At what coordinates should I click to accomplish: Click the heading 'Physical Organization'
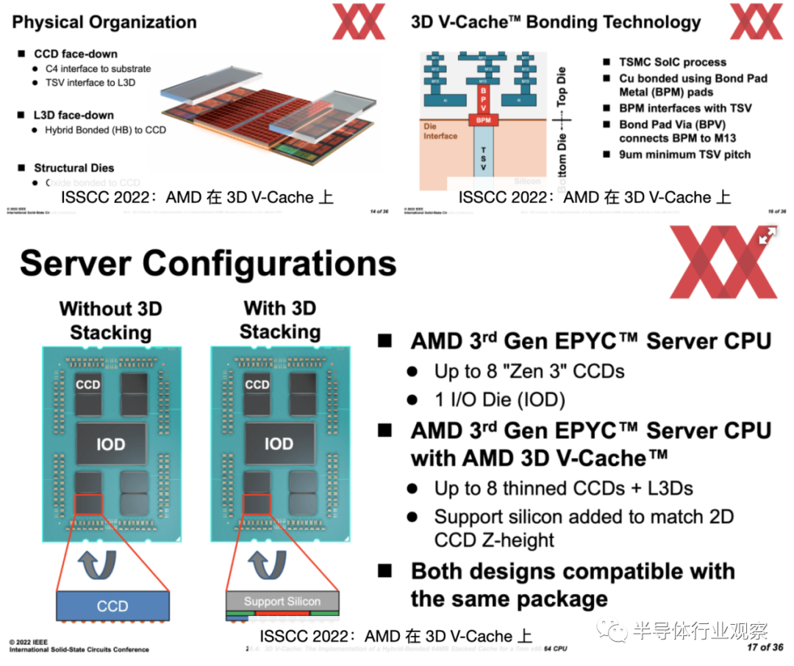pyautogui.click(x=104, y=22)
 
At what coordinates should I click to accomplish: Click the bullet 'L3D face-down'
pyautogui.click(x=74, y=115)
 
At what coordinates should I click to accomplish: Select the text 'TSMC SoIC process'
pyautogui.click(x=672, y=62)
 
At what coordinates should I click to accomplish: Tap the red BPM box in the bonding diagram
pyautogui.click(x=483, y=119)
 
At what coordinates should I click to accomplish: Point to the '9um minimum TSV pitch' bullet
pyautogui.click(x=684, y=154)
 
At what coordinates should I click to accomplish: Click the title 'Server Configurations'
pyautogui.click(x=208, y=263)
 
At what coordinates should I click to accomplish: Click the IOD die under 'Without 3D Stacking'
pyautogui.click(x=111, y=444)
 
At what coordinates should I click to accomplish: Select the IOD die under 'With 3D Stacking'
pyautogui.click(x=279, y=444)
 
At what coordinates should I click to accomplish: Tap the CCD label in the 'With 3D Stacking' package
pyautogui.click(x=257, y=384)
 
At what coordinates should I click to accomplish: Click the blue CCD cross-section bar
pyautogui.click(x=112, y=606)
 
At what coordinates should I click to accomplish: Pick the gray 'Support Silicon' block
pyautogui.click(x=282, y=601)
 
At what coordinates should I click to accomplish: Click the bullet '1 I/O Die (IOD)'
pyautogui.click(x=498, y=400)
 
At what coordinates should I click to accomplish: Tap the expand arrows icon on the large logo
pyautogui.click(x=767, y=236)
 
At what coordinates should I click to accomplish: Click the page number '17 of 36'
pyautogui.click(x=765, y=648)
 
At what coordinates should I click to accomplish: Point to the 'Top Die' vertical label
pyautogui.click(x=562, y=86)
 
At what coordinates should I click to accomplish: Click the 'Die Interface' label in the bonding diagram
pyautogui.click(x=440, y=131)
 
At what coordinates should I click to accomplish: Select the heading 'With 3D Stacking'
pyautogui.click(x=279, y=320)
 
